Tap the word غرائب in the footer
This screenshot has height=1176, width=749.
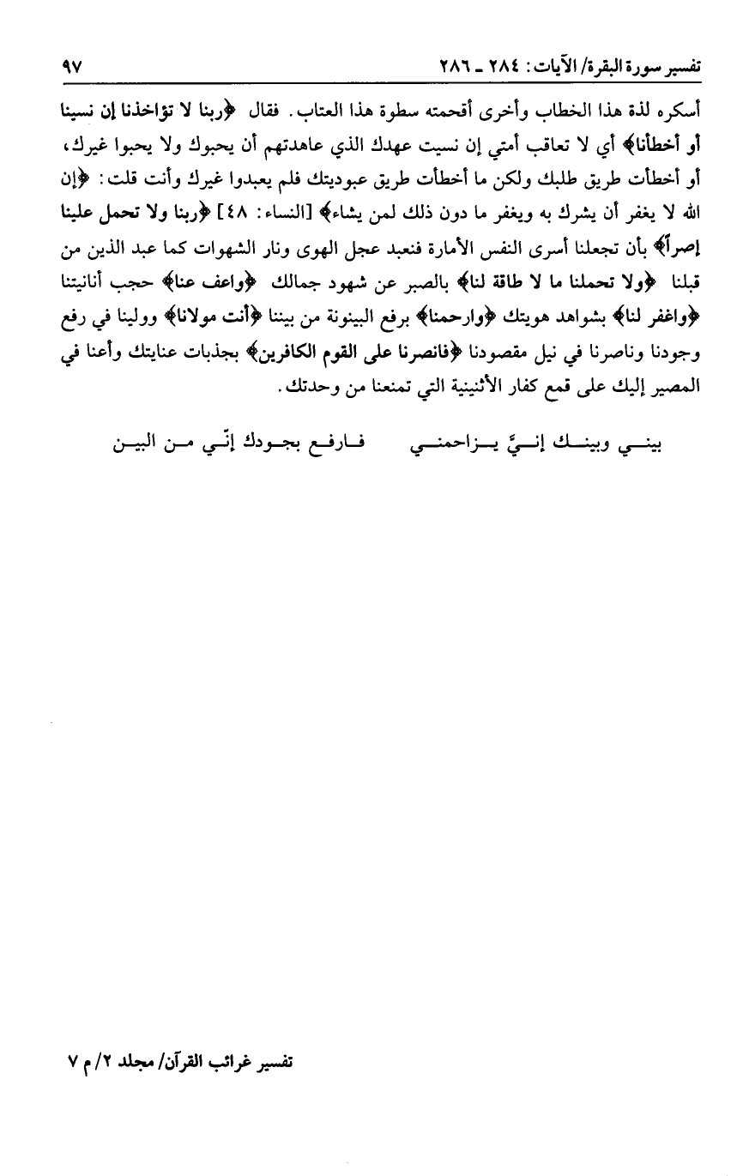232,1064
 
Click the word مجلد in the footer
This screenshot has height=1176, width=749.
137,1064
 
